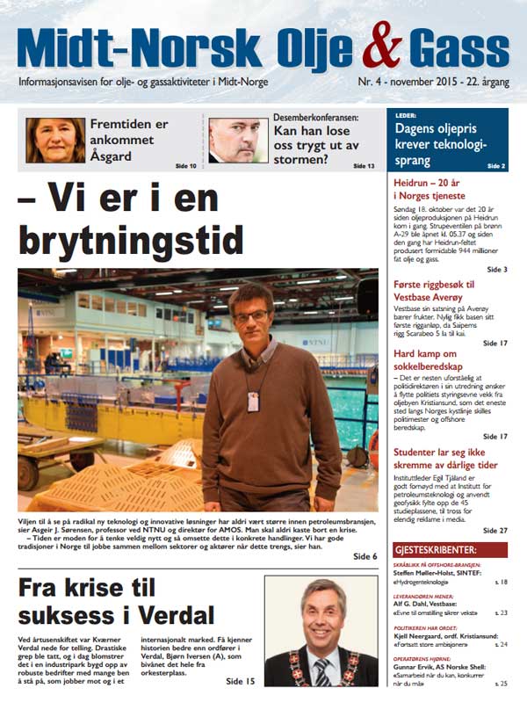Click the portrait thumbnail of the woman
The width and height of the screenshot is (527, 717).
point(55,141)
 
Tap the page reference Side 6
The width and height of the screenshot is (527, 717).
point(365,556)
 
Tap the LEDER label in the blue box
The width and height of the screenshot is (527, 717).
point(406,115)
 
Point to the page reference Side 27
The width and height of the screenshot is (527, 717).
point(496,531)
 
